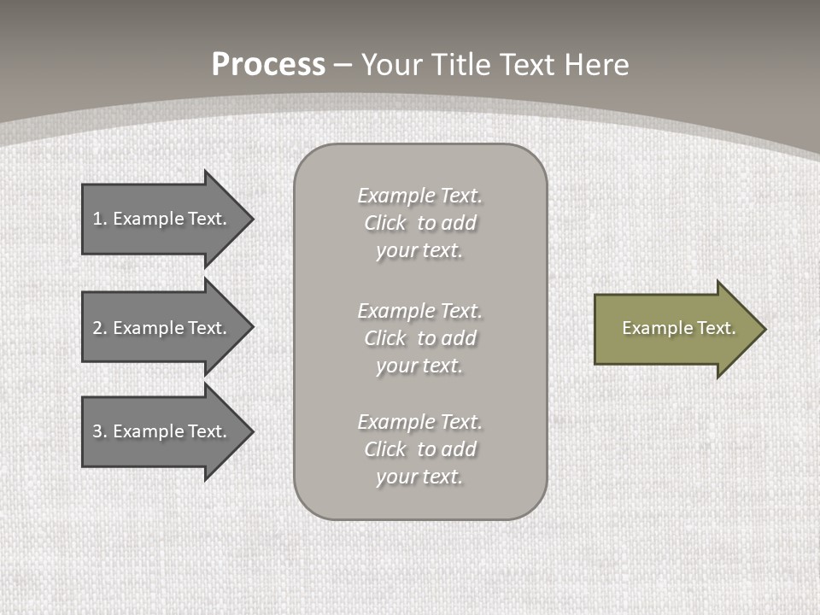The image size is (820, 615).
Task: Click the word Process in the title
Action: coord(268,65)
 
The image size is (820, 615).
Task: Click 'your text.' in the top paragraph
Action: coord(419,251)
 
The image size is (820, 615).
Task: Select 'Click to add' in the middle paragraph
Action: coord(419,338)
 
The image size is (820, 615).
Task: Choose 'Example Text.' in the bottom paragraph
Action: coord(419,422)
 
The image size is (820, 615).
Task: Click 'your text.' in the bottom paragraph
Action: coord(419,477)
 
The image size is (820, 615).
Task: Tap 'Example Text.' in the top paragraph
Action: coord(419,196)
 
